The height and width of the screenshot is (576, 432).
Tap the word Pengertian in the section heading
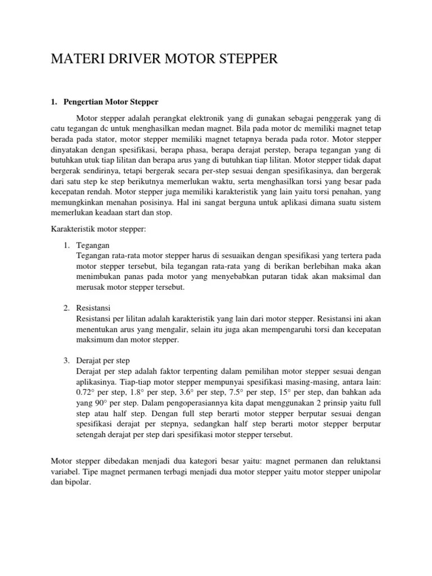[87, 102]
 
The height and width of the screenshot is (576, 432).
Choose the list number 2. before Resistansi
[66, 308]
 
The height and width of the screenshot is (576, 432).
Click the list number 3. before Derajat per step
[66, 360]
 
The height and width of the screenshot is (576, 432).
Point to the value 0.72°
[87, 392]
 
